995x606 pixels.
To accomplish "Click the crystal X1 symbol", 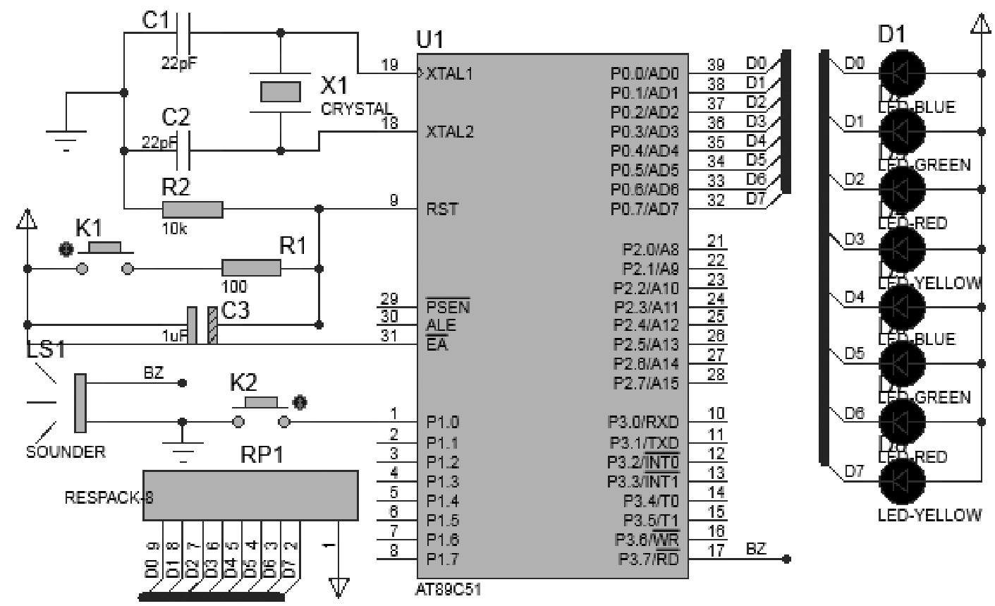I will point(281,92).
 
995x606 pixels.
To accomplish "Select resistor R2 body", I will point(193,210).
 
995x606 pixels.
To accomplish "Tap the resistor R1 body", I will point(251,268).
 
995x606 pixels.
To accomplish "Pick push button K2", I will point(261,413).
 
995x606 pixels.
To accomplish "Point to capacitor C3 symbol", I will point(202,325).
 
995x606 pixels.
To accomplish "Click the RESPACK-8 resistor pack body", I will point(250,496).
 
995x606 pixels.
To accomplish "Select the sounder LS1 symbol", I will point(80,403).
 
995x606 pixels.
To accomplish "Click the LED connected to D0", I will point(902,72).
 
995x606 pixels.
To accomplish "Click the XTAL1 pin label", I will point(448,74).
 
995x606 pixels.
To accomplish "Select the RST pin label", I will point(441,210).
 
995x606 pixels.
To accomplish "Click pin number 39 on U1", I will point(716,66).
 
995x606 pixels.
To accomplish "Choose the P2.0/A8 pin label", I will point(650,249).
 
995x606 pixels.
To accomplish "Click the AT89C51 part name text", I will point(449,589).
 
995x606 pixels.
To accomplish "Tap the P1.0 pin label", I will point(442,423).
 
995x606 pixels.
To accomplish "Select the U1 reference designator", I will point(430,40).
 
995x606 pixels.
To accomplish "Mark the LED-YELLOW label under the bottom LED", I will point(929,515).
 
